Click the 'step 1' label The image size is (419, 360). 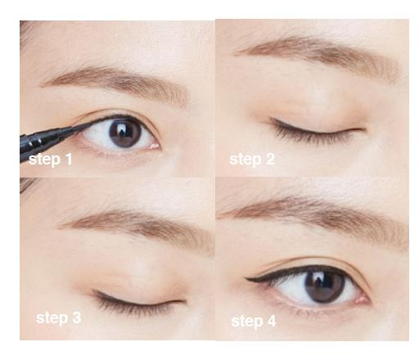click(x=50, y=160)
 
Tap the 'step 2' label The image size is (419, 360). click(x=252, y=160)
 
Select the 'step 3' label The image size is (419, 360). click(x=59, y=318)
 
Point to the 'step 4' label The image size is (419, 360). click(x=254, y=321)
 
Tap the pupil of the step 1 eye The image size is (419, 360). click(x=125, y=133)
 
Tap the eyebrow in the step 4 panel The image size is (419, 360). click(x=313, y=218)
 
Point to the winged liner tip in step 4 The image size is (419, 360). click(x=246, y=278)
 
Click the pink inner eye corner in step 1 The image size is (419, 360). click(x=155, y=146)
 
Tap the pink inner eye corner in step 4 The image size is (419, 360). click(x=362, y=299)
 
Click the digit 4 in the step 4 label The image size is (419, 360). click(x=272, y=321)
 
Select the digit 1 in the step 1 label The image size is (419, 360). click(x=69, y=159)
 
